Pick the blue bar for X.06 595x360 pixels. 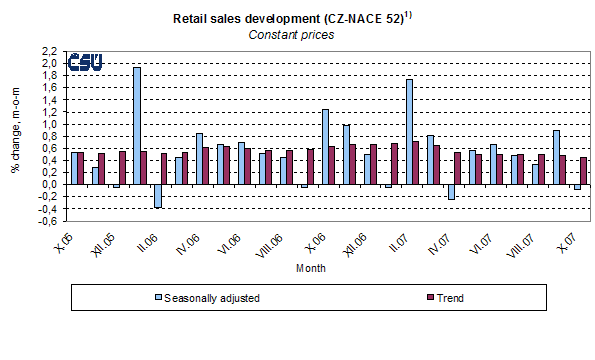tap(325, 147)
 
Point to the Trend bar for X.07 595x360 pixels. tap(583, 171)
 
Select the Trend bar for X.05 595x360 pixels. tap(79, 169)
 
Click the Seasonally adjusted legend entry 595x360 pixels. tap(200, 297)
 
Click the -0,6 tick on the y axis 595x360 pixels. tap(49, 221)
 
